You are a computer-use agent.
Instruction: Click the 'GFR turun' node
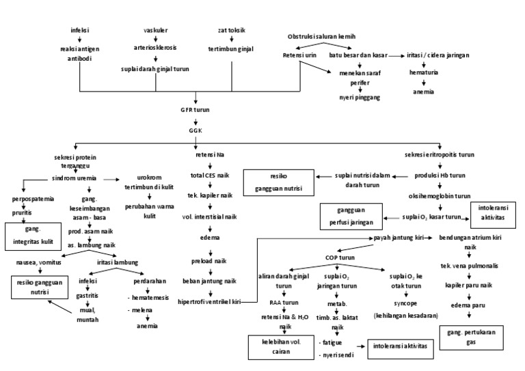(x=195, y=109)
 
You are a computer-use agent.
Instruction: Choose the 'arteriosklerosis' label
(x=155, y=48)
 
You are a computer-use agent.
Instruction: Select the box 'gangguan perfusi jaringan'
(x=349, y=217)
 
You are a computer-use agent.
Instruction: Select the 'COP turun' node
(x=340, y=258)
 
